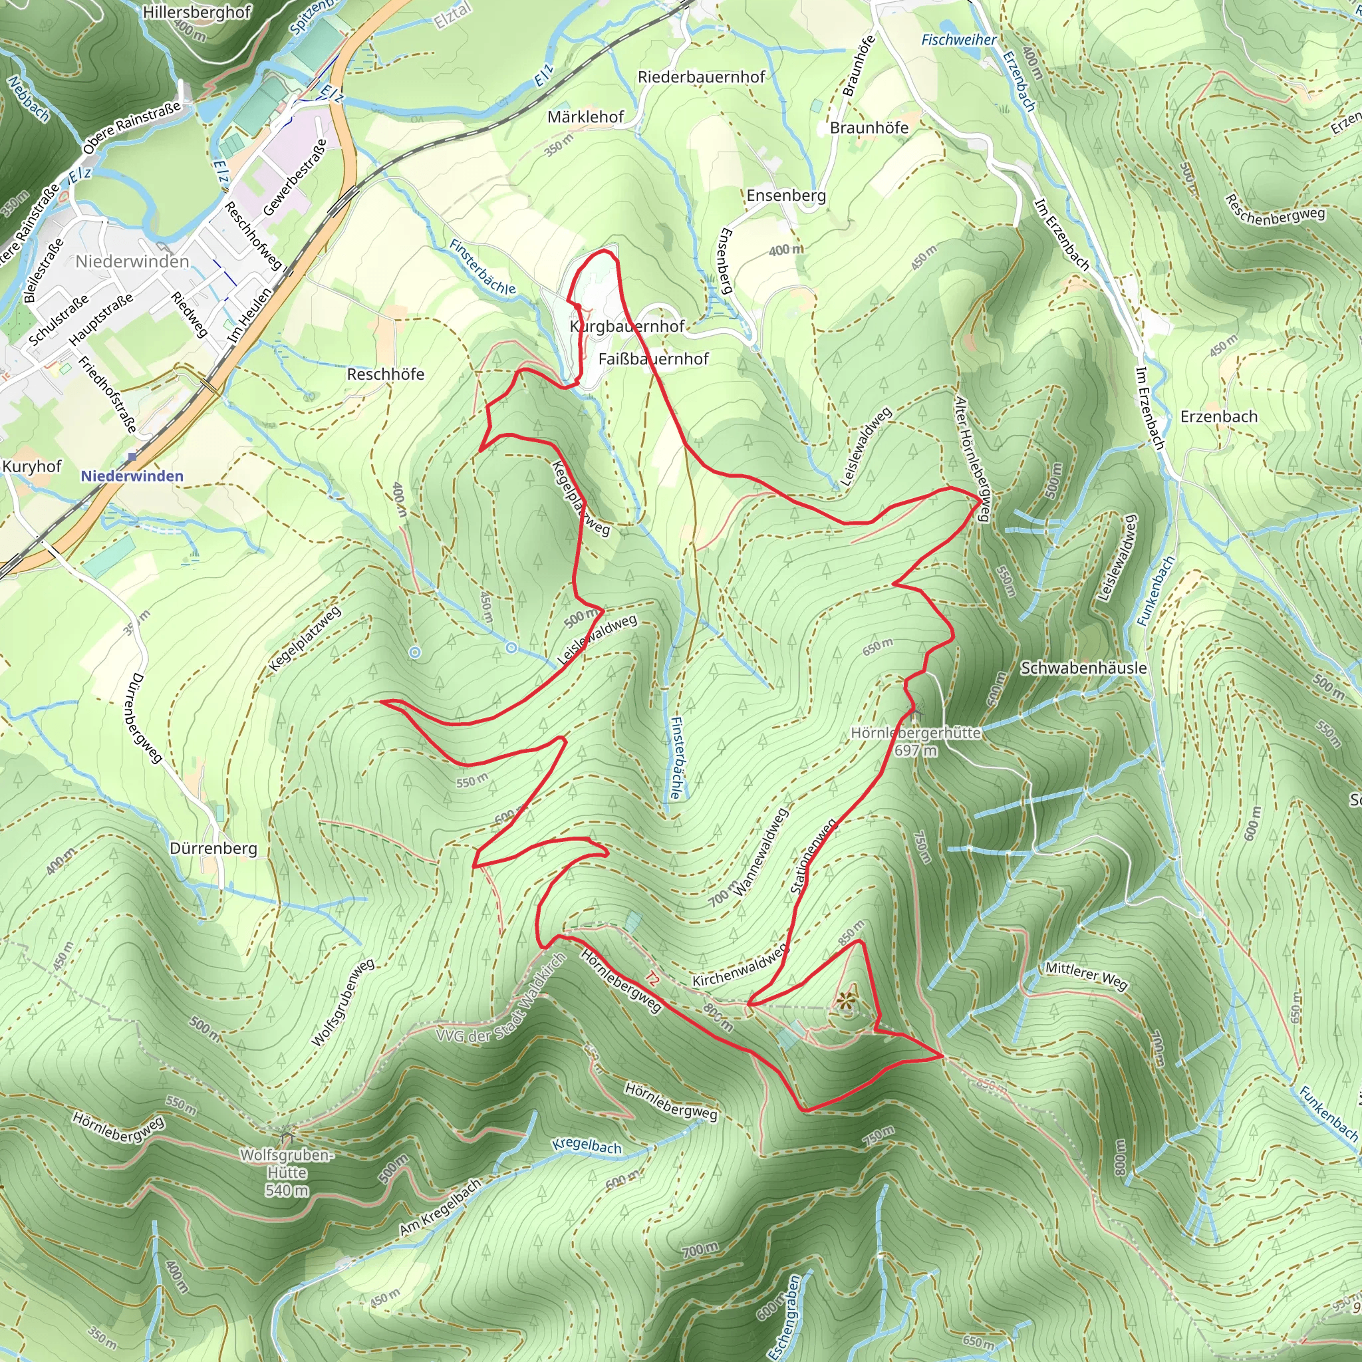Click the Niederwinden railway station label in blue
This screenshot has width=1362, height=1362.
pos(132,476)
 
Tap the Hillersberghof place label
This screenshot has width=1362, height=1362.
pos(196,12)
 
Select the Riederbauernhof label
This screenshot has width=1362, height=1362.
pos(701,77)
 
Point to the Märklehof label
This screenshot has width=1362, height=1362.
pos(585,117)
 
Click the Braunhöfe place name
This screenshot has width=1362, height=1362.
pos(869,128)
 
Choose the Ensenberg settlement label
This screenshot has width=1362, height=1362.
pos(785,196)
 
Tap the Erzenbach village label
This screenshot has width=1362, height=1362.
pos(1218,416)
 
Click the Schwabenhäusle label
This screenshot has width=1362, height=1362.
pos(1083,668)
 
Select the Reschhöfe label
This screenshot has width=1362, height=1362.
pos(385,374)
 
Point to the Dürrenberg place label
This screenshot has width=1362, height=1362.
pos(213,849)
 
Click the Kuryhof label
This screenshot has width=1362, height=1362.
pos(32,467)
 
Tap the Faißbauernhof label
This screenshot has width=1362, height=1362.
pos(653,359)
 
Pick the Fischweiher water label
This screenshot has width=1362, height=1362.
pos(959,40)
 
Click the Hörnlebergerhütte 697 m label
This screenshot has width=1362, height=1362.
pos(915,741)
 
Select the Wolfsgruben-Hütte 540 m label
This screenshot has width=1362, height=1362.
pos(286,1172)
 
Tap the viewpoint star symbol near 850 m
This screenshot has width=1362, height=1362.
pos(846,1000)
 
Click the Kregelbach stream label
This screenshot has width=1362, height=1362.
pos(587,1146)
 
